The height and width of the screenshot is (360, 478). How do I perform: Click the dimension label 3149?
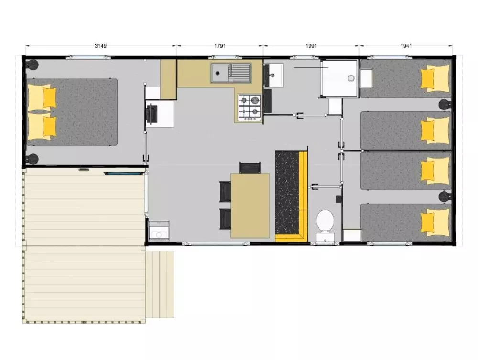(100, 46)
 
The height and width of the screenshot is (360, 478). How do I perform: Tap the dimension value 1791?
(220, 46)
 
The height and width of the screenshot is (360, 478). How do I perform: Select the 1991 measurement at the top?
(311, 46)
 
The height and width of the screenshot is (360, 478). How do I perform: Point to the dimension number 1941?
(406, 46)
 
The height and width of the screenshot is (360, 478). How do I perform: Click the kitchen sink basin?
(220, 73)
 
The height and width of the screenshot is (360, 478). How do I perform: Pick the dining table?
(250, 206)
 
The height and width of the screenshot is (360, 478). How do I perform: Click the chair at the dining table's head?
(250, 167)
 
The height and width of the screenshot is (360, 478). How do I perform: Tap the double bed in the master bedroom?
(72, 112)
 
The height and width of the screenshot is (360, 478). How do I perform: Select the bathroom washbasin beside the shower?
(274, 75)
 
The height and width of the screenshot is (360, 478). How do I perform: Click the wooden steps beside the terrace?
(160, 284)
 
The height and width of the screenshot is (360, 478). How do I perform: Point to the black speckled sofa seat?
(287, 192)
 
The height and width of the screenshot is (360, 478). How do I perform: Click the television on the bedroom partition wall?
(152, 114)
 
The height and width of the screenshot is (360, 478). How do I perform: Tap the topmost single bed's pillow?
(435, 78)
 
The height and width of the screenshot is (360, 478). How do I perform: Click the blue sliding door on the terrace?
(123, 174)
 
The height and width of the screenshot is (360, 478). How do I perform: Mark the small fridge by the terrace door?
(159, 231)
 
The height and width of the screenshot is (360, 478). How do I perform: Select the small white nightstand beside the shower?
(366, 78)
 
